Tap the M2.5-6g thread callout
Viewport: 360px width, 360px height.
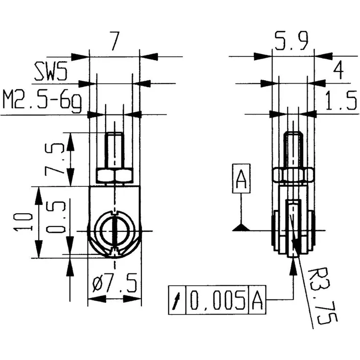(x=42, y=102)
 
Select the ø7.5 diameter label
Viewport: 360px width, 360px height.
(x=114, y=284)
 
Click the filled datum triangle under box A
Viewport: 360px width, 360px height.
(x=241, y=227)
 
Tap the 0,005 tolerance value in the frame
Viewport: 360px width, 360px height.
(x=217, y=300)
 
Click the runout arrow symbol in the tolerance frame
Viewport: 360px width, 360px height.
(x=177, y=300)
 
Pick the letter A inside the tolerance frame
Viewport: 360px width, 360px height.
(x=257, y=300)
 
